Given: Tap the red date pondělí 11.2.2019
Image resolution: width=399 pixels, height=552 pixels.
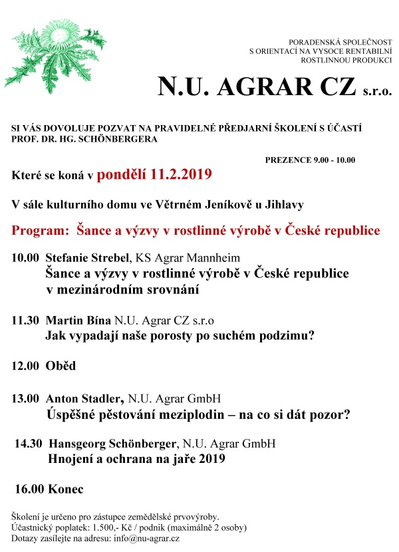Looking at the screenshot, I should point(154,176).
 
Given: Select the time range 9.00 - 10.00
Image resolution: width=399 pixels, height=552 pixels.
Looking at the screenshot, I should point(333,160).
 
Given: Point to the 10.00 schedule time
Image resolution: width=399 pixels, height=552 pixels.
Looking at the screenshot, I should point(25,257).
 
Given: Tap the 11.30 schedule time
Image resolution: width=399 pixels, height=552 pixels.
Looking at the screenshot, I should point(25,320).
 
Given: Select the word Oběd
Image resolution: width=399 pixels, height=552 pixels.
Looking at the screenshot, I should point(61,366).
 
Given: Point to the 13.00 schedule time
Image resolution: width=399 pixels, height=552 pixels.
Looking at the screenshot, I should point(25,399).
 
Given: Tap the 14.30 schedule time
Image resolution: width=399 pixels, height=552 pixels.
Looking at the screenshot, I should point(29,443).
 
